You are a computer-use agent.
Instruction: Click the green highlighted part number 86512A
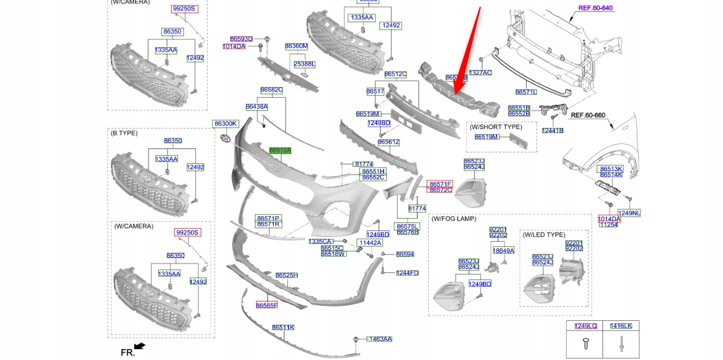pyautogui.click(x=280, y=151)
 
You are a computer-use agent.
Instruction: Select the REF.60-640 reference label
pyautogui.click(x=595, y=8)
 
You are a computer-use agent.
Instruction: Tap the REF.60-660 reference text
pyautogui.click(x=588, y=115)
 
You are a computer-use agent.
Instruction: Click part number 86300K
pyautogui.click(x=225, y=124)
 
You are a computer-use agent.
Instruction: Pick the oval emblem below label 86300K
pyautogui.click(x=225, y=138)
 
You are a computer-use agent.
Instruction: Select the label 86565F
pyautogui.click(x=266, y=305)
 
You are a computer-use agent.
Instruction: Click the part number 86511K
pyautogui.click(x=283, y=328)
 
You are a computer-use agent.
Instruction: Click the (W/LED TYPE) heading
pyautogui.click(x=543, y=234)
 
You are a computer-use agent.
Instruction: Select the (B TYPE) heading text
pyautogui.click(x=124, y=133)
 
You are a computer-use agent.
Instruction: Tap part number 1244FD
pyautogui.click(x=407, y=273)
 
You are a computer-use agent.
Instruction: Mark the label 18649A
pyautogui.click(x=503, y=250)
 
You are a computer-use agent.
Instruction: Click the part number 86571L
pyautogui.click(x=526, y=92)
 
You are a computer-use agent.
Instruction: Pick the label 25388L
pyautogui.click(x=304, y=64)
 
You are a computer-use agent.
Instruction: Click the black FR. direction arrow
pyautogui.click(x=139, y=346)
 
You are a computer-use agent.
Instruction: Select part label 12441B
pyautogui.click(x=552, y=130)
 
